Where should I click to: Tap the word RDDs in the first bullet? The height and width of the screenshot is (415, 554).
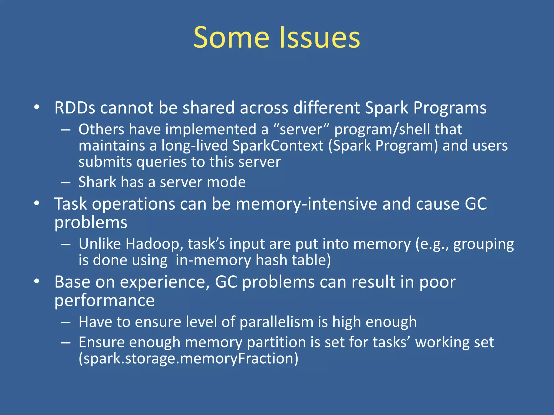point(75,108)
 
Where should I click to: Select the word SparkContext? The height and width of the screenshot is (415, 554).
point(278,146)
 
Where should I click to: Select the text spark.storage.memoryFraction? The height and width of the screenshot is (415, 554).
point(189,359)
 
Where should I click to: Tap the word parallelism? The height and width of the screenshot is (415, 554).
point(276,322)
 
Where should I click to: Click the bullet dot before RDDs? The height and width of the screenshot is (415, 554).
point(37,107)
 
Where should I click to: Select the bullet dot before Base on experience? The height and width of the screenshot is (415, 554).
point(37,282)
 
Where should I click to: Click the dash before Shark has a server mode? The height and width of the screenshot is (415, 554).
point(66,182)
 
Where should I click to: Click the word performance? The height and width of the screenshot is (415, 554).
point(104,300)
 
